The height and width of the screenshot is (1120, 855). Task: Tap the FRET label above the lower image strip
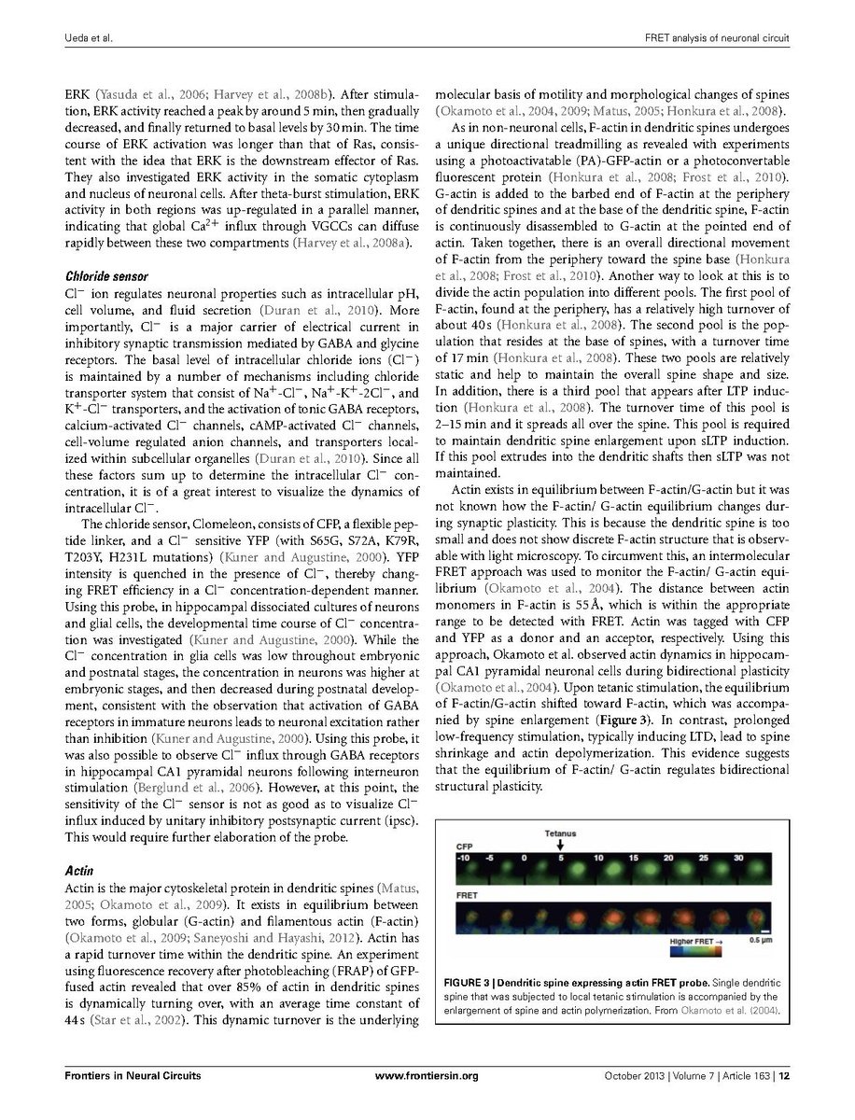pyautogui.click(x=467, y=893)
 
